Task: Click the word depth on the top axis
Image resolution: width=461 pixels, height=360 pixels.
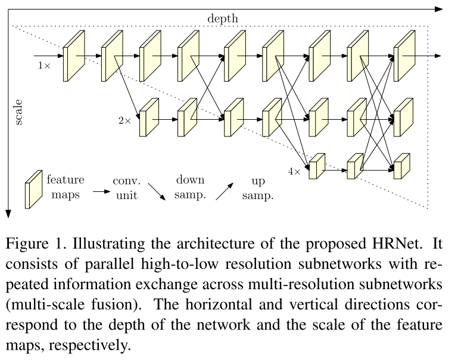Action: (x=222, y=18)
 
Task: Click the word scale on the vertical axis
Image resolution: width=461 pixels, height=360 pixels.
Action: (x=18, y=111)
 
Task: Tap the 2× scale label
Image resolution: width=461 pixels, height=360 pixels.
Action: (x=124, y=120)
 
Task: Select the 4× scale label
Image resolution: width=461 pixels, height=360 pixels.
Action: (x=294, y=171)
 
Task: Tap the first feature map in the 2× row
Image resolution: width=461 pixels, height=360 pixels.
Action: (x=149, y=117)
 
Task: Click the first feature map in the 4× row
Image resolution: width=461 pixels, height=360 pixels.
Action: (x=317, y=167)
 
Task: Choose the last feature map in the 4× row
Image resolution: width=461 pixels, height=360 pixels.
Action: (x=402, y=167)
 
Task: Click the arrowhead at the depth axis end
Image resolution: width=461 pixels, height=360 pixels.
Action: (x=439, y=9)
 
